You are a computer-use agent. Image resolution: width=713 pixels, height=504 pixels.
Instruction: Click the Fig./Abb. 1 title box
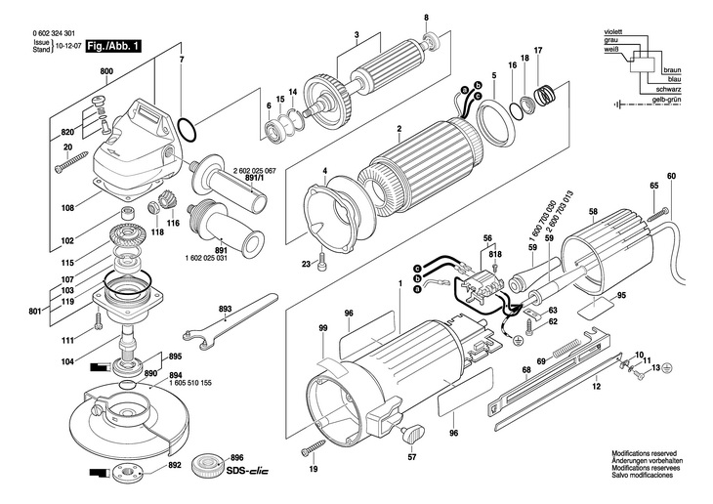point(113,46)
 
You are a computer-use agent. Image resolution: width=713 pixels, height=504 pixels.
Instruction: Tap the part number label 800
point(106,71)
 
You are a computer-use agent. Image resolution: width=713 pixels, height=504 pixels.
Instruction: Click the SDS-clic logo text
point(247,471)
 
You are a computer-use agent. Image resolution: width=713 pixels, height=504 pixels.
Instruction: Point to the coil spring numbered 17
point(545,96)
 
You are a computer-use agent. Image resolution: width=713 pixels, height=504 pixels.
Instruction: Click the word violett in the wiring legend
point(613,32)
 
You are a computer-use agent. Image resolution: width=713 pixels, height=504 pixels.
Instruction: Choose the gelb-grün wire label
point(666,100)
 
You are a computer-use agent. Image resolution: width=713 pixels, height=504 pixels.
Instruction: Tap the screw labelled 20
point(71,162)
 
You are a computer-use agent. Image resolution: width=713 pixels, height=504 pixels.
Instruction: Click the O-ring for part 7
point(187,129)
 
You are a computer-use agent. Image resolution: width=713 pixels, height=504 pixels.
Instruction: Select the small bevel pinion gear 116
point(168,201)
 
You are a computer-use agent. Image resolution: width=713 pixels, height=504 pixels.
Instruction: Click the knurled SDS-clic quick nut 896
point(207,465)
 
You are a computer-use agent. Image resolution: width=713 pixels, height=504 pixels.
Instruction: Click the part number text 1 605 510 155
point(190,384)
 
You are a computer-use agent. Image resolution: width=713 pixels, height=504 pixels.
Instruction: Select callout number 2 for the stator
point(399,129)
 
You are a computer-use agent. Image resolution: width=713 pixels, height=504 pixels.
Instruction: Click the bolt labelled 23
point(322,259)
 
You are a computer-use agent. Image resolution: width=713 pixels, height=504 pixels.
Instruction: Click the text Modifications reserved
point(644,453)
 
